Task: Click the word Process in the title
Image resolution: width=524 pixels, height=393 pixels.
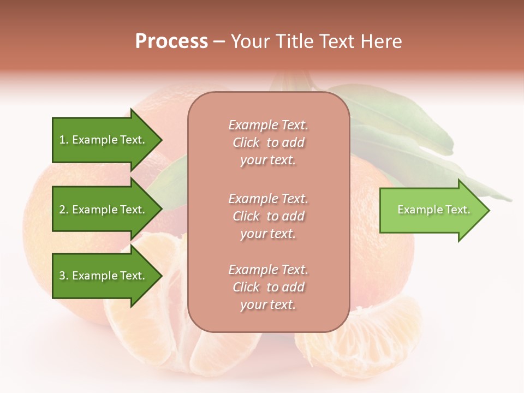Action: [x=171, y=41]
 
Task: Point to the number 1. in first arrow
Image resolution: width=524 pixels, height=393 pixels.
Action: [x=64, y=140]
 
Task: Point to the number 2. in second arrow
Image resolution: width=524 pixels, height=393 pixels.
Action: [x=64, y=210]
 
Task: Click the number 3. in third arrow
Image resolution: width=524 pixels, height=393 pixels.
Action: [x=64, y=276]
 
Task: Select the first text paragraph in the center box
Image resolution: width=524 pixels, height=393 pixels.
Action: [x=268, y=142]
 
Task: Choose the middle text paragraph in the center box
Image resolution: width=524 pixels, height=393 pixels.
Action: [x=268, y=216]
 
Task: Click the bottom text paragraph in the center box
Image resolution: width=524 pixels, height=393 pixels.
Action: [x=268, y=287]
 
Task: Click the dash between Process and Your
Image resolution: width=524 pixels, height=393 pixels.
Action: [x=219, y=42]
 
